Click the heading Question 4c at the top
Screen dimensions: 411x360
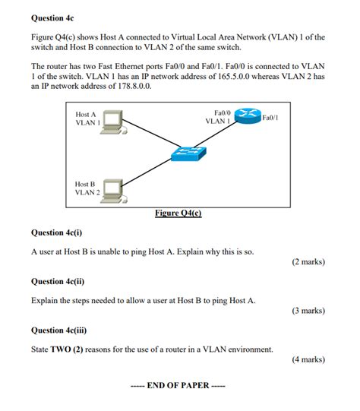point(53,16)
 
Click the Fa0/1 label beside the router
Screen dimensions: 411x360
point(270,118)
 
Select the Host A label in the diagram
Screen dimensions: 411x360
point(86,114)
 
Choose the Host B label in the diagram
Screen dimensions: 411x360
point(85,184)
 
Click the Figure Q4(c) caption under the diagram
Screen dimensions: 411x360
point(178,213)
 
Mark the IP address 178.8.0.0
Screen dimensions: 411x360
point(127,87)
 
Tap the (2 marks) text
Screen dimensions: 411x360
point(308,262)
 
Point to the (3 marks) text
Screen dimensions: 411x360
point(308,311)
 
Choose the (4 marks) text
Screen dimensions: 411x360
point(308,360)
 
